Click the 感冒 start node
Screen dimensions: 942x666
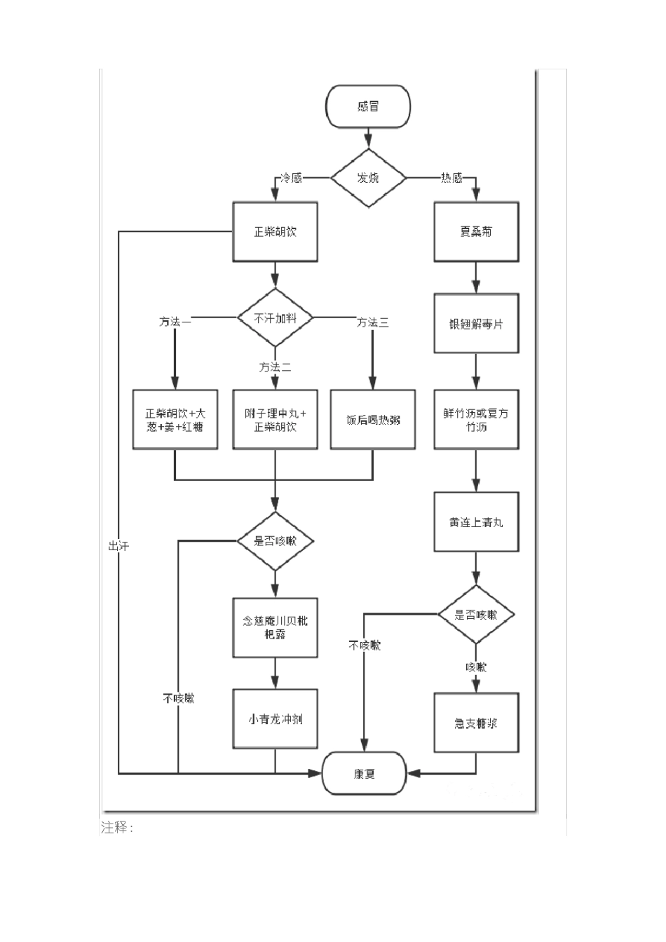pos(368,107)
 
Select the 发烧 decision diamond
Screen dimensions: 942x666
pos(368,178)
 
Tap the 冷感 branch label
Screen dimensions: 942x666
pos(292,178)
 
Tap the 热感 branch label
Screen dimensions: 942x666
pos(451,178)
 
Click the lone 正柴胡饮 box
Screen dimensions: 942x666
pos(275,231)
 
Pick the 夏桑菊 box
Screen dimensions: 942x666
pos(476,231)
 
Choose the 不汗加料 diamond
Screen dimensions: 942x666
pos(275,318)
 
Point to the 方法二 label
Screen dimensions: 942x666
pos(275,367)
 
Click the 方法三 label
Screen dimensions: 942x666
pos(372,322)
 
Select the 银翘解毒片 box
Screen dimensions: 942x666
pos(476,324)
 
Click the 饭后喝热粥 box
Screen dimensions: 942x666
pos(372,420)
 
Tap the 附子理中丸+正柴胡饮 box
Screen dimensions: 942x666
pos(275,420)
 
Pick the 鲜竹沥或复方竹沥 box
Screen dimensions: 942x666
pos(476,420)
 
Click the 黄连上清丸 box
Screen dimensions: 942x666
pos(476,522)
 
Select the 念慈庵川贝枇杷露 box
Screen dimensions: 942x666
pos(275,627)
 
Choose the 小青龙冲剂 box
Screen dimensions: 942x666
pos(275,719)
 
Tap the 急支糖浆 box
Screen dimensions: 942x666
pos(476,723)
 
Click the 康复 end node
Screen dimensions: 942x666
pos(364,774)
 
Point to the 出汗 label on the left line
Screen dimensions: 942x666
pos(118,545)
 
